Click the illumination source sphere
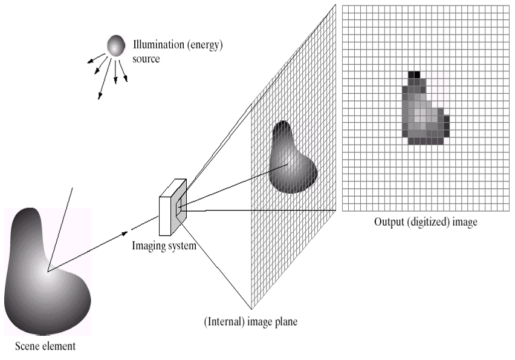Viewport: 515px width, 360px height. click(x=115, y=45)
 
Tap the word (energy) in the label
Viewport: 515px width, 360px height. click(x=204, y=46)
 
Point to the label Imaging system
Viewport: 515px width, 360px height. click(x=164, y=246)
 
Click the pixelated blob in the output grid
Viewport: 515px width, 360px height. click(x=423, y=112)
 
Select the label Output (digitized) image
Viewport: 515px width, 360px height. click(x=426, y=222)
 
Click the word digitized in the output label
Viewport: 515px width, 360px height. click(x=426, y=222)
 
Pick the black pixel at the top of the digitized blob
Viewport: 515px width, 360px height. click(x=415, y=74)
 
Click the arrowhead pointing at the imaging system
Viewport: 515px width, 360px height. click(x=126, y=232)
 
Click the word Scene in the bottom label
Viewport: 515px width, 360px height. click(x=28, y=347)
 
